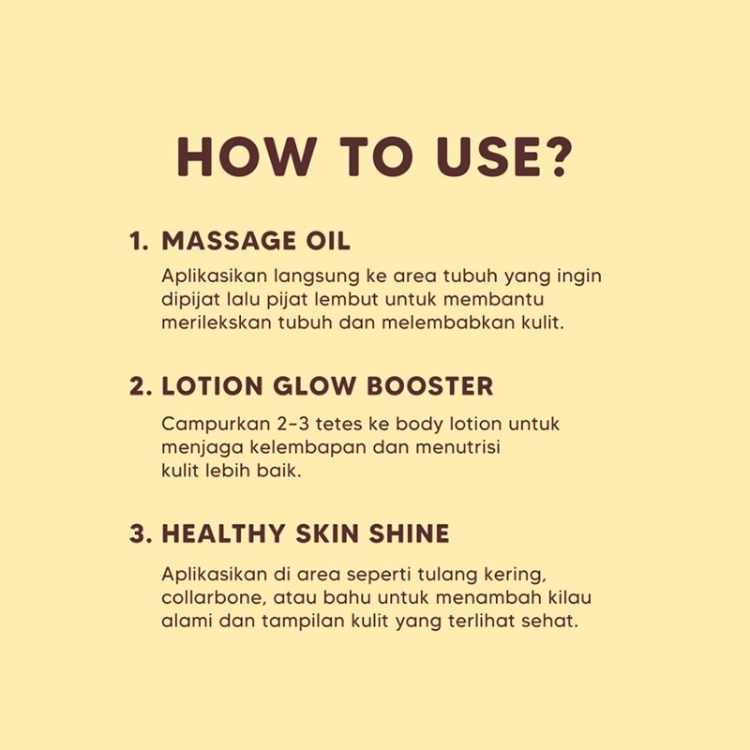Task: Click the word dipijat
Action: coord(191,300)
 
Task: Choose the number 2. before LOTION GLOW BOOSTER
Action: coord(141,387)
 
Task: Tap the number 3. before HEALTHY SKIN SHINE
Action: coord(141,534)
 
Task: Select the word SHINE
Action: coord(408,534)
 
